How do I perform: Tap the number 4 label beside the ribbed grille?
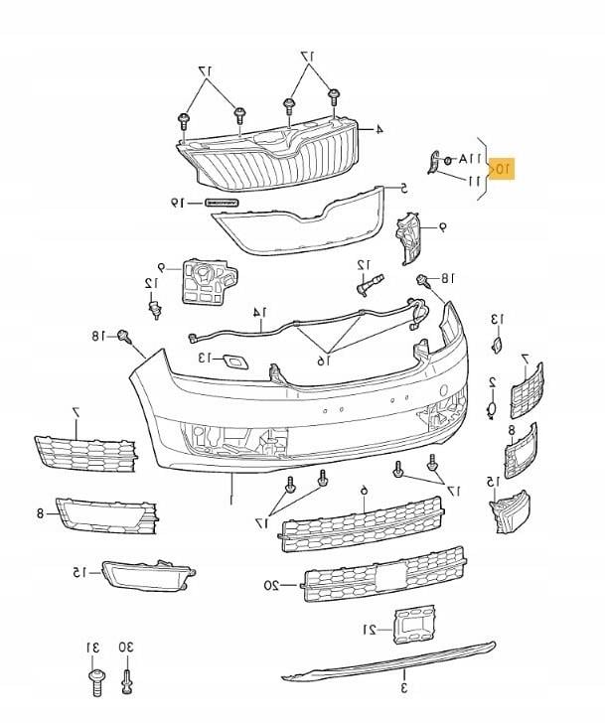pos(378,130)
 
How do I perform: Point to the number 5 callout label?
pos(403,187)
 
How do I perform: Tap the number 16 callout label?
pos(322,361)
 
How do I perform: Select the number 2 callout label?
pos(492,381)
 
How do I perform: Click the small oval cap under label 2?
pos(492,408)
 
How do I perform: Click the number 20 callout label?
pos(270,585)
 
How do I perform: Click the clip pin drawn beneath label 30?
pos(125,683)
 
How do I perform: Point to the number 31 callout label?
pos(93,648)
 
